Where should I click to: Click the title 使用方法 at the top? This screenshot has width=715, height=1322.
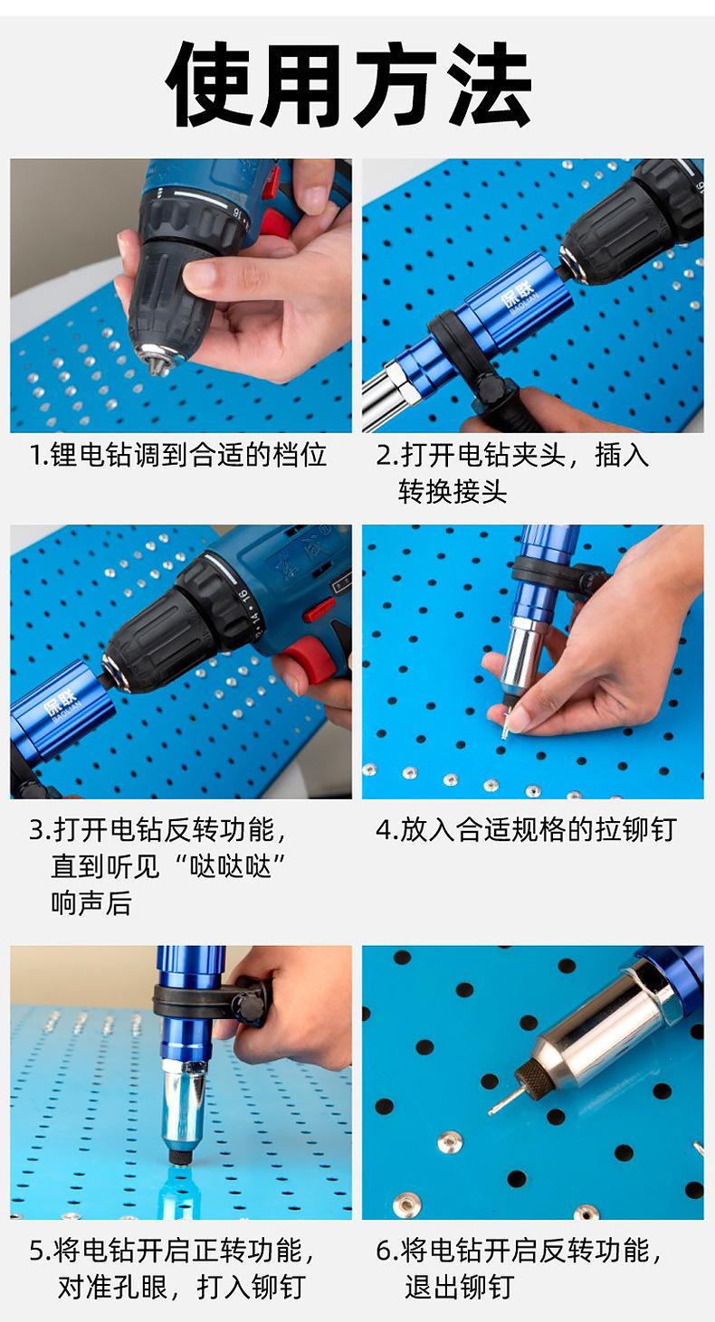[x=348, y=85]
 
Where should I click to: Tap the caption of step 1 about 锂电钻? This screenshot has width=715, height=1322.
[x=177, y=456]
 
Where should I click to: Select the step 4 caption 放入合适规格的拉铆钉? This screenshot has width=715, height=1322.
[x=526, y=829]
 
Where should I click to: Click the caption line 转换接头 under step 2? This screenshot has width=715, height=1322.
[x=453, y=492]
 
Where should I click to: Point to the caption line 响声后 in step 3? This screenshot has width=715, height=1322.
[x=91, y=903]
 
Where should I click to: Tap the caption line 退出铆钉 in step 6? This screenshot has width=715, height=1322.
[x=459, y=1287]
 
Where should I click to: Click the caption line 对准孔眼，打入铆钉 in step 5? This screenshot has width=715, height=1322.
[x=181, y=1287]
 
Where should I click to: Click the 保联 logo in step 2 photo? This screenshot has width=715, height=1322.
[x=518, y=296]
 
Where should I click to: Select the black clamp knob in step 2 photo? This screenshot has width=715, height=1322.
[x=491, y=389]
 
